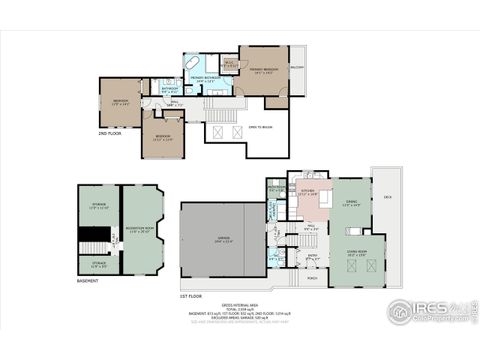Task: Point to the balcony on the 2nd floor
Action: pos(296,68)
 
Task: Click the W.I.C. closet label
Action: pos(229,64)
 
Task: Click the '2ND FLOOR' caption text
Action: pos(109,133)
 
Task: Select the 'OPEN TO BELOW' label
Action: pos(260,127)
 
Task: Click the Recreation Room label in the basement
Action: pos(141,231)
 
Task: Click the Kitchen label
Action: pos(308,190)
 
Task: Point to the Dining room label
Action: pos(351,204)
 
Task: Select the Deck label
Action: pos(387,197)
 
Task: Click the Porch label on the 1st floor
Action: pos(312,278)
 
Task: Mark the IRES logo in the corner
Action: pos(427,307)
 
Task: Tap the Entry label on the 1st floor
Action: pos(312,255)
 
